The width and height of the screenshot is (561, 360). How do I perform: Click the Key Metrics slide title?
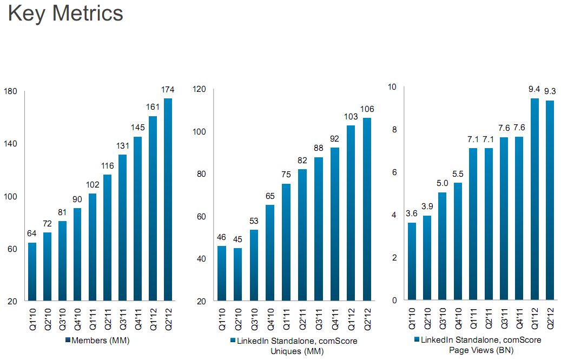pos(66,14)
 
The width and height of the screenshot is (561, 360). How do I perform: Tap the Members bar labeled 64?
pos(32,271)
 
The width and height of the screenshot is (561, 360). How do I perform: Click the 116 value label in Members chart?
pos(108,166)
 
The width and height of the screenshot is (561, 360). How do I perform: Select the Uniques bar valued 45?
pos(237,274)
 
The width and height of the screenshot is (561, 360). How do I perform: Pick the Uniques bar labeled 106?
pos(367,209)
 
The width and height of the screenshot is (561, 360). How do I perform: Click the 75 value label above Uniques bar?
pos(286,175)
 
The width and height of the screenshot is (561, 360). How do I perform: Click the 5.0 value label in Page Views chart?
pos(443,184)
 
